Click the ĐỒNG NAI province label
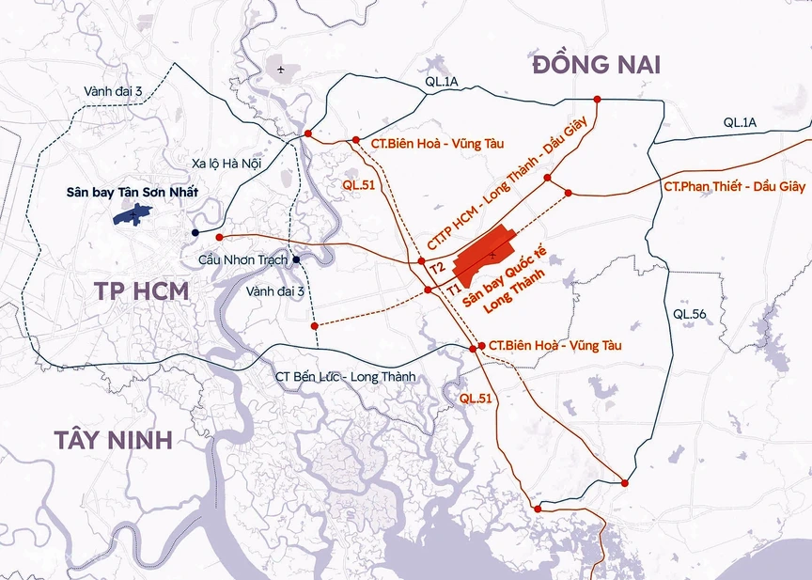click(x=597, y=65)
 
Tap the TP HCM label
click(x=141, y=290)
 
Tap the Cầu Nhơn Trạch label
click(x=242, y=259)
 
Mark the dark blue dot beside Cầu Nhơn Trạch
click(x=296, y=259)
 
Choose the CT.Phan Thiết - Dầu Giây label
click(x=734, y=187)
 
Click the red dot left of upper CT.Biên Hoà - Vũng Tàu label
click(x=356, y=141)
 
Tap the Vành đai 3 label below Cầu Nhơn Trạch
click(x=276, y=292)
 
